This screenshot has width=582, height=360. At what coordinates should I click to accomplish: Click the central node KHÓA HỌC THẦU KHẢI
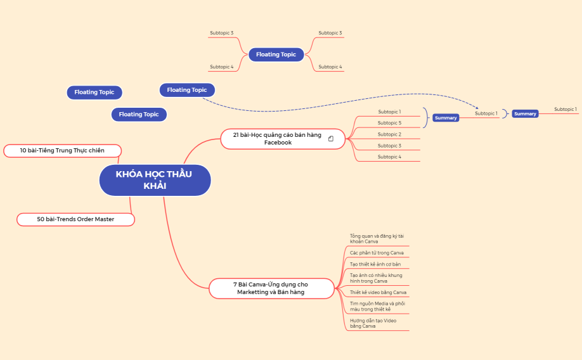tap(154, 180)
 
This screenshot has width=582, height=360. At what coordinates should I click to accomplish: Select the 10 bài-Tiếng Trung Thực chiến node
tap(61, 150)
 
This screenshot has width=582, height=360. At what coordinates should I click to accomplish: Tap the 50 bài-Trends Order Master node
tap(75, 219)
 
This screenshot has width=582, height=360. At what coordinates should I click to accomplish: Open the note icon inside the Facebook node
tap(331, 139)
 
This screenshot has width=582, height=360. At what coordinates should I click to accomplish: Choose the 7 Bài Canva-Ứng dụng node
tap(271, 288)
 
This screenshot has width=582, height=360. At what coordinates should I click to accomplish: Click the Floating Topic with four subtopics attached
tap(276, 55)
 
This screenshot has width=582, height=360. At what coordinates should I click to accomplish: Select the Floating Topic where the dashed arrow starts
tap(187, 90)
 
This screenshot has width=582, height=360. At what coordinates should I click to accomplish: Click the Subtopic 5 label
tap(389, 123)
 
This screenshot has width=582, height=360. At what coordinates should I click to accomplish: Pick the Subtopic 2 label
tap(389, 134)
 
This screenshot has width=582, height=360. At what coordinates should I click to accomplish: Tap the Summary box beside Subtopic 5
tap(446, 118)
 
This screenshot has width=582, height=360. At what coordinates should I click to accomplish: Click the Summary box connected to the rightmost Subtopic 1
tap(525, 114)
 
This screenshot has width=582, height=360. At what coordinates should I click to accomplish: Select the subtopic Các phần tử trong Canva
tap(377, 253)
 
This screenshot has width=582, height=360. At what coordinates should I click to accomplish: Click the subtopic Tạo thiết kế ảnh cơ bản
tap(375, 264)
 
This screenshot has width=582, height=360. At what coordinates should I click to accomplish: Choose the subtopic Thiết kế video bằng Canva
tap(378, 292)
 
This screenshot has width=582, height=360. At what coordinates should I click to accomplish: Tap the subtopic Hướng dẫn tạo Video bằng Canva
tap(373, 323)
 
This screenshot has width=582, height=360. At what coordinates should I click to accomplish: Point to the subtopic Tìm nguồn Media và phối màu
tap(377, 306)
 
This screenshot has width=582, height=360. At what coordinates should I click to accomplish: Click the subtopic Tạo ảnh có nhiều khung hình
tap(376, 278)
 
